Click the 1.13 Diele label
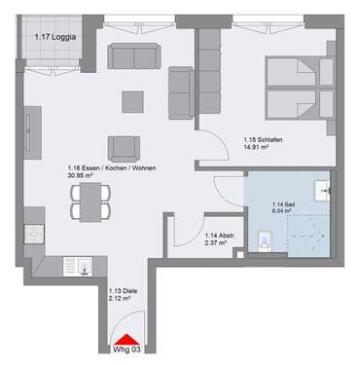(121, 290)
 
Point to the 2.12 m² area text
(121, 299)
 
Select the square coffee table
(131, 100)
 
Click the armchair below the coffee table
(126, 147)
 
